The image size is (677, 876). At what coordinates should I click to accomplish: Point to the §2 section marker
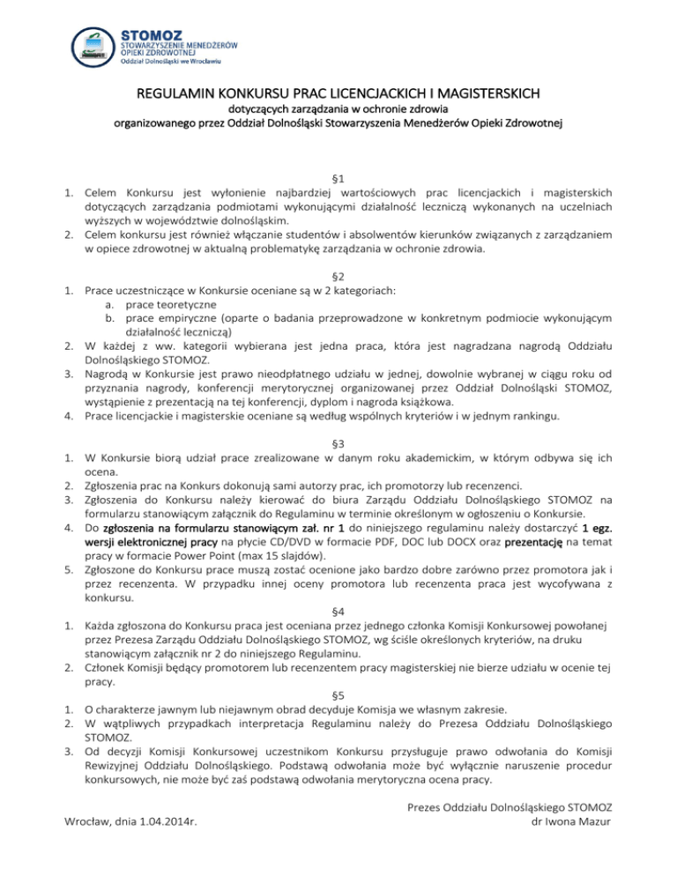pos(338,276)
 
